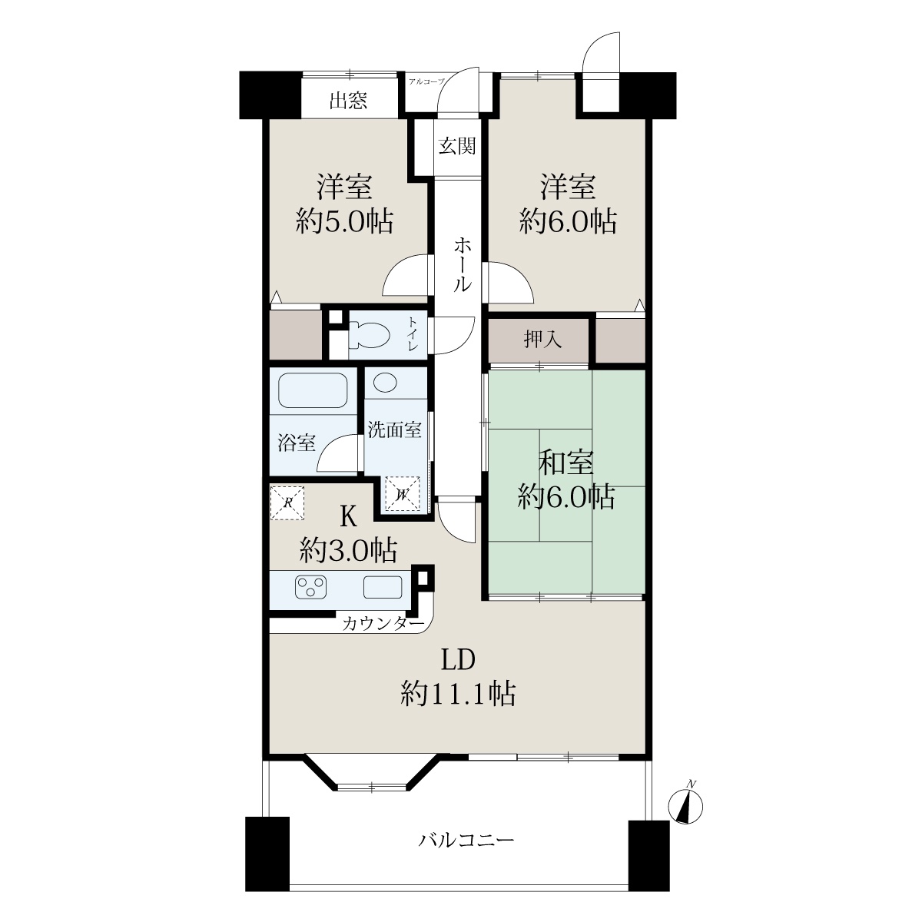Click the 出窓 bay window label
pos(348,101)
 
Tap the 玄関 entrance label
pos(457,145)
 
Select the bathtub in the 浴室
pos(313,390)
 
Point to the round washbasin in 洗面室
pos(385,383)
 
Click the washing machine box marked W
pos(403,494)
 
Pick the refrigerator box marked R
pos(287,502)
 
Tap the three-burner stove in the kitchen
pos(311,587)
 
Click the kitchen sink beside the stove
pos(383,587)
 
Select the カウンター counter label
pos(383,623)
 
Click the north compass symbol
pos(687,806)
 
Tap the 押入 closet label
pos(542,340)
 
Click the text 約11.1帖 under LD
pos(458,694)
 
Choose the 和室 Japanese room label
pos(566,463)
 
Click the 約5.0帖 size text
pos(344,221)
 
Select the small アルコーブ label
pos(426,81)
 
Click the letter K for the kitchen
pos(348,517)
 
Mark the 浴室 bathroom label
pos(297,443)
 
